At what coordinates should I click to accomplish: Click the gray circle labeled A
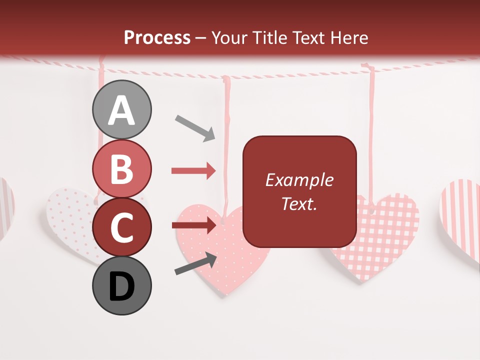[x=121, y=109]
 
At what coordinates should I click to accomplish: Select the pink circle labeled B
[x=121, y=169]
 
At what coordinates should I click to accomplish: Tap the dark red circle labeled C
[x=121, y=227]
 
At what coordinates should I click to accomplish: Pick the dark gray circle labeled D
[x=121, y=285]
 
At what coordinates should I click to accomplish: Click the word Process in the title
[x=157, y=37]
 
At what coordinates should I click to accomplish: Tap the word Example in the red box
[x=299, y=180]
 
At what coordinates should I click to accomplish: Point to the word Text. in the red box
[x=299, y=203]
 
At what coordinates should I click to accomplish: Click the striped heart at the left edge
[x=6, y=205]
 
